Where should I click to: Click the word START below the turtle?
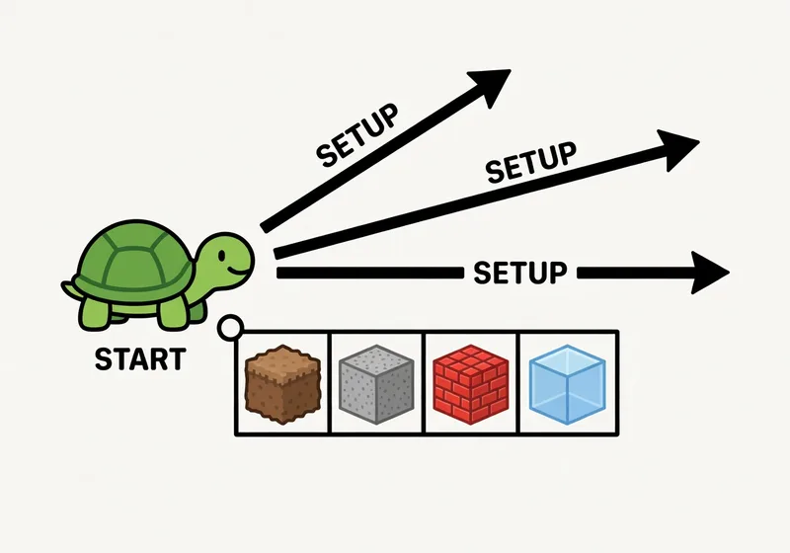[139, 358]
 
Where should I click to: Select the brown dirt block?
[281, 383]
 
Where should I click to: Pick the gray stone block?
[375, 383]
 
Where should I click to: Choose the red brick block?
[469, 383]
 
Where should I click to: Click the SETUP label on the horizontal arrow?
[520, 272]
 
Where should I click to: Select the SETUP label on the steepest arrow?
[357, 135]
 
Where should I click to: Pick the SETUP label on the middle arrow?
[531, 164]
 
